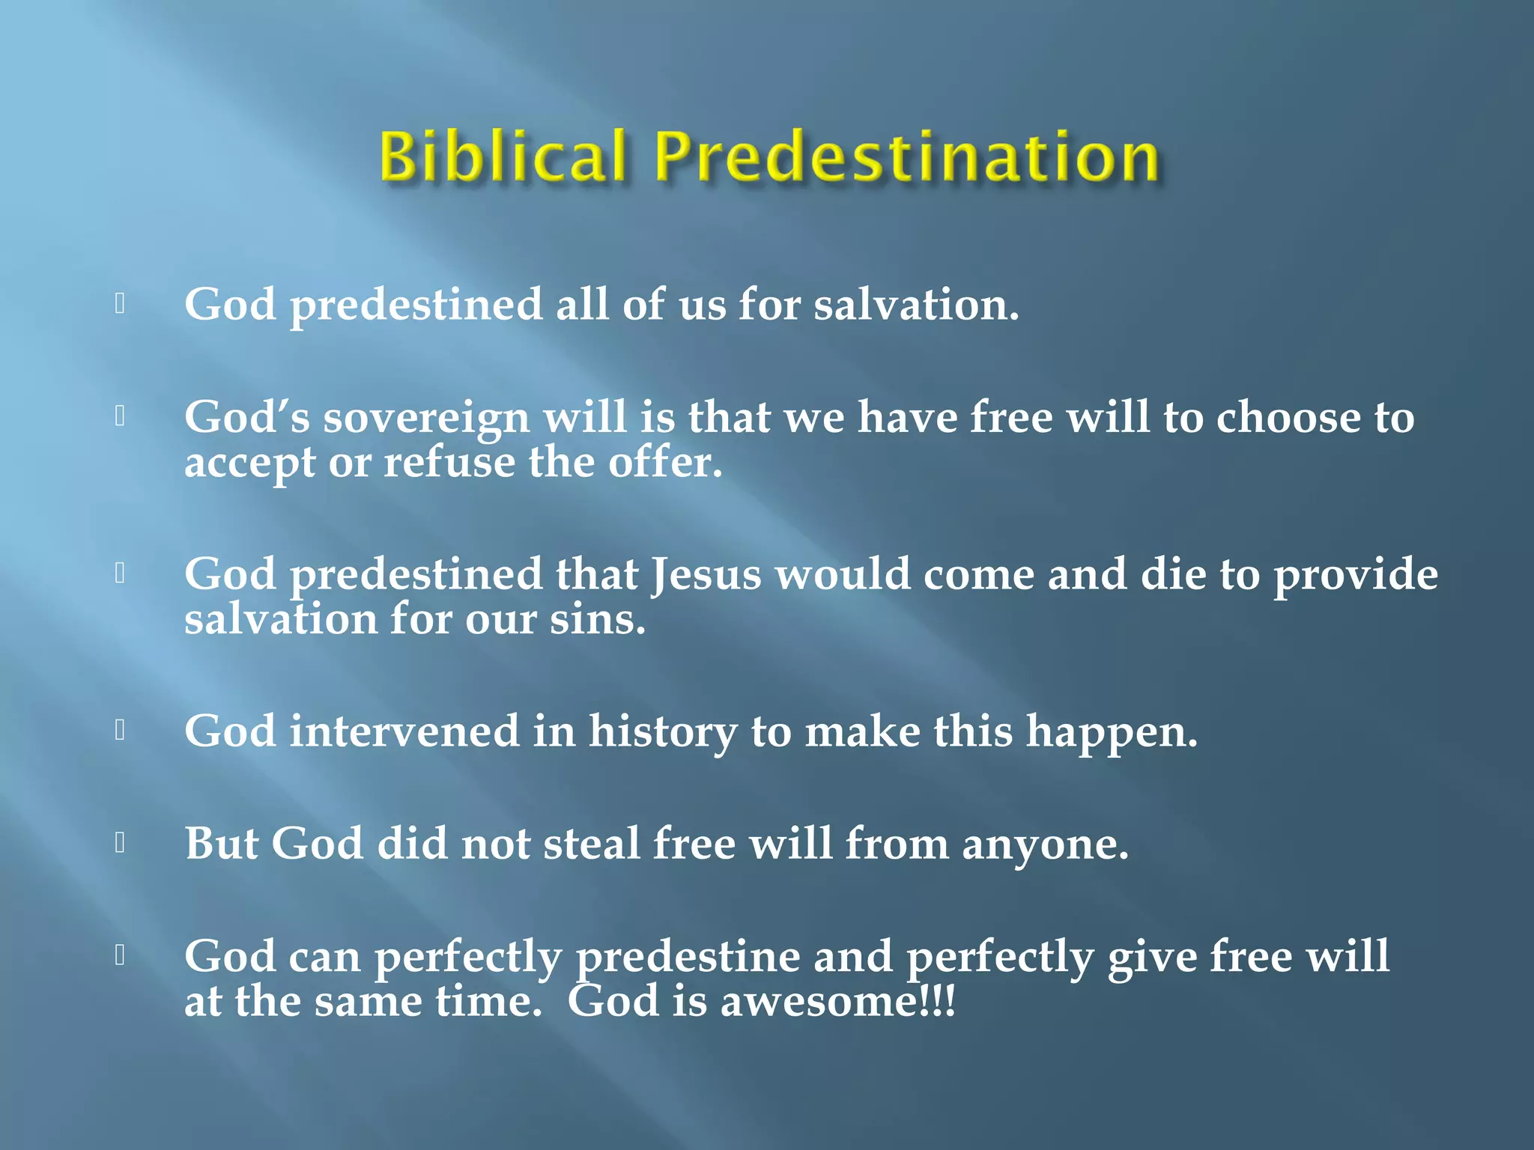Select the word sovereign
pos(426,419)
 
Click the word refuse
pos(449,463)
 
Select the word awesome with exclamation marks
pos(837,1002)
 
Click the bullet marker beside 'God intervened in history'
pos(120,729)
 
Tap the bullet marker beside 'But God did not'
pos(120,842)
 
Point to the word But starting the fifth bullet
pos(221,844)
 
